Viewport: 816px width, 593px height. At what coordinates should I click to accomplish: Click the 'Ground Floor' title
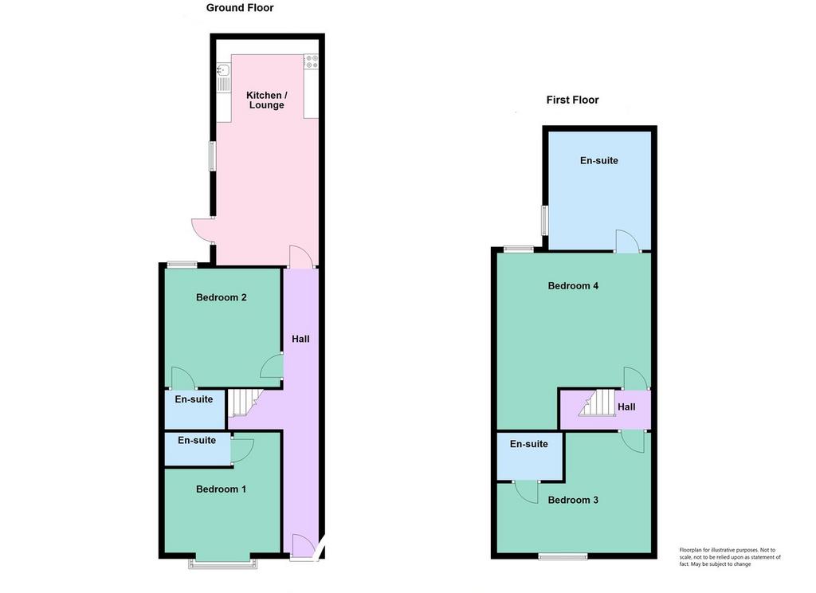point(240,8)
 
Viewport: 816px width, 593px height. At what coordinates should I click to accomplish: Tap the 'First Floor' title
point(572,100)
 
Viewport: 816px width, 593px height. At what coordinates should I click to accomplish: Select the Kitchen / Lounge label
point(266,100)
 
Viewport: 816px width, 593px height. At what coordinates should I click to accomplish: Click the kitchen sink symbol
point(224,77)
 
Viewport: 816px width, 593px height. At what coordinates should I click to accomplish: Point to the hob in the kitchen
point(312,61)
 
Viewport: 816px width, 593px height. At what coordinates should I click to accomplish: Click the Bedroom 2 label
point(222,297)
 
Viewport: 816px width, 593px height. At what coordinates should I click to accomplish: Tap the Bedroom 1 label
point(222,489)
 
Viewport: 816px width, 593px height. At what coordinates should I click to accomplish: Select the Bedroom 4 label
point(573,286)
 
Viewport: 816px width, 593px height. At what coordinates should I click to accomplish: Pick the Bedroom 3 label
point(573,500)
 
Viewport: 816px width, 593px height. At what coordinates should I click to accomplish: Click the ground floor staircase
point(244,403)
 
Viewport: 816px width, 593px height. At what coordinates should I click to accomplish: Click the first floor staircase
point(598,403)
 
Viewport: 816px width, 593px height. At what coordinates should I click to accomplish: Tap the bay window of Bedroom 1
point(223,564)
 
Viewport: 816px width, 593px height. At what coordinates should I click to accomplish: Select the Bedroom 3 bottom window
point(563,556)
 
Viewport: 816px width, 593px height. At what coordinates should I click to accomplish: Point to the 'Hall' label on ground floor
point(300,339)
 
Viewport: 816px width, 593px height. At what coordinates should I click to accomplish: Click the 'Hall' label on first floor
point(626,407)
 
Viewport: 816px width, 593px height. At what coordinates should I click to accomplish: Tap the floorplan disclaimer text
point(730,556)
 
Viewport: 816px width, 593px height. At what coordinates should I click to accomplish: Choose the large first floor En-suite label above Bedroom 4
point(599,160)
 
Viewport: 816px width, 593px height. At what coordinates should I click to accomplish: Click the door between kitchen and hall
point(300,257)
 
